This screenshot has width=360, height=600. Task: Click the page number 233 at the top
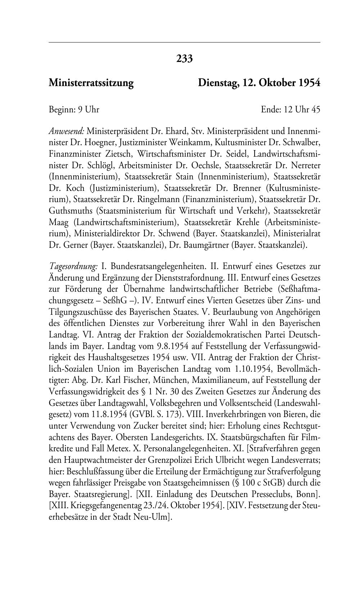184,58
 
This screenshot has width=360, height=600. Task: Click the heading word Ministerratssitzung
91,83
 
